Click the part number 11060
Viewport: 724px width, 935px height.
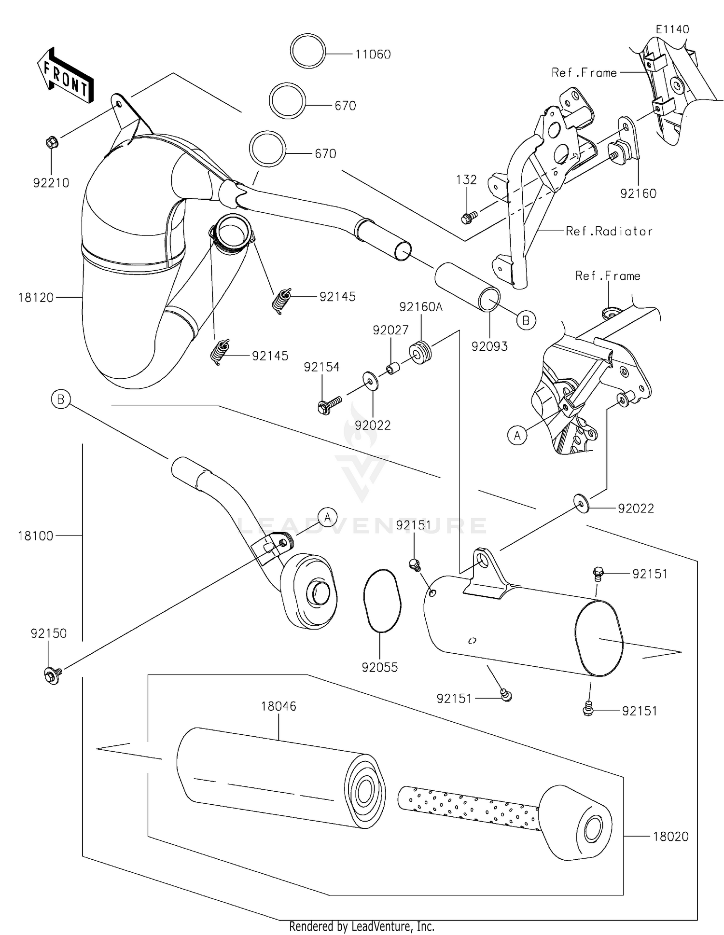click(373, 55)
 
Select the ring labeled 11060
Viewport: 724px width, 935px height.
click(308, 50)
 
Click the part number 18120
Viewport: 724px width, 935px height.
click(36, 298)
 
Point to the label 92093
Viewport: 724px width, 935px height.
click(489, 346)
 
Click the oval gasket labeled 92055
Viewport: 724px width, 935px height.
click(381, 600)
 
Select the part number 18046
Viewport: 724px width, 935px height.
click(278, 706)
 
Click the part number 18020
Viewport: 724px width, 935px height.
click(670, 837)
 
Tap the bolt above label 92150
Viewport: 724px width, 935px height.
click(53, 674)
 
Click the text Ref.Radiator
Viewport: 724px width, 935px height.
click(609, 232)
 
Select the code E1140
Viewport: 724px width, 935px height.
click(672, 29)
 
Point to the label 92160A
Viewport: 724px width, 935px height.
click(421, 307)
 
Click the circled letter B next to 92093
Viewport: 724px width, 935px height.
click(526, 320)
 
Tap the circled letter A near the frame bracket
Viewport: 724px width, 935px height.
click(517, 436)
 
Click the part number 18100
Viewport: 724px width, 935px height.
click(35, 536)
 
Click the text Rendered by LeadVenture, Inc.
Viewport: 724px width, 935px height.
click(362, 926)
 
